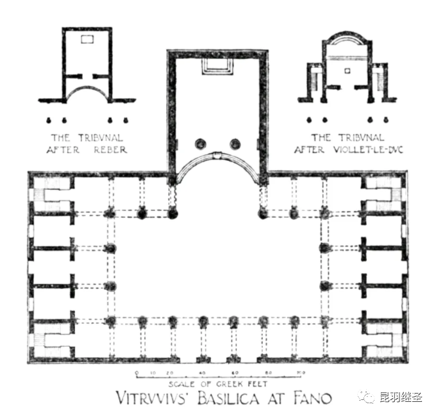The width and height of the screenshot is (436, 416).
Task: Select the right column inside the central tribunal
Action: coord(235,144)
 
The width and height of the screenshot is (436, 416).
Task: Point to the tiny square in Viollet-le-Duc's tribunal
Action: coord(347,70)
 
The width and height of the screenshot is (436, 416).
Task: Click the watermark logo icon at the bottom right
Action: coord(366,398)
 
